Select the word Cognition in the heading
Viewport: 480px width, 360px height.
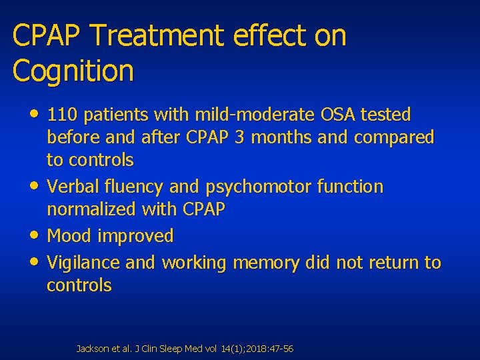point(73,71)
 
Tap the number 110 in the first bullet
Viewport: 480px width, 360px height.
point(61,115)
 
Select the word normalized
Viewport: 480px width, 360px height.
point(91,209)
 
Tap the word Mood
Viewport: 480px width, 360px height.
point(69,235)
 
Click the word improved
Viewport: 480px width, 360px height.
point(135,235)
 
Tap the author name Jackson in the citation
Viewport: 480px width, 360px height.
point(90,349)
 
